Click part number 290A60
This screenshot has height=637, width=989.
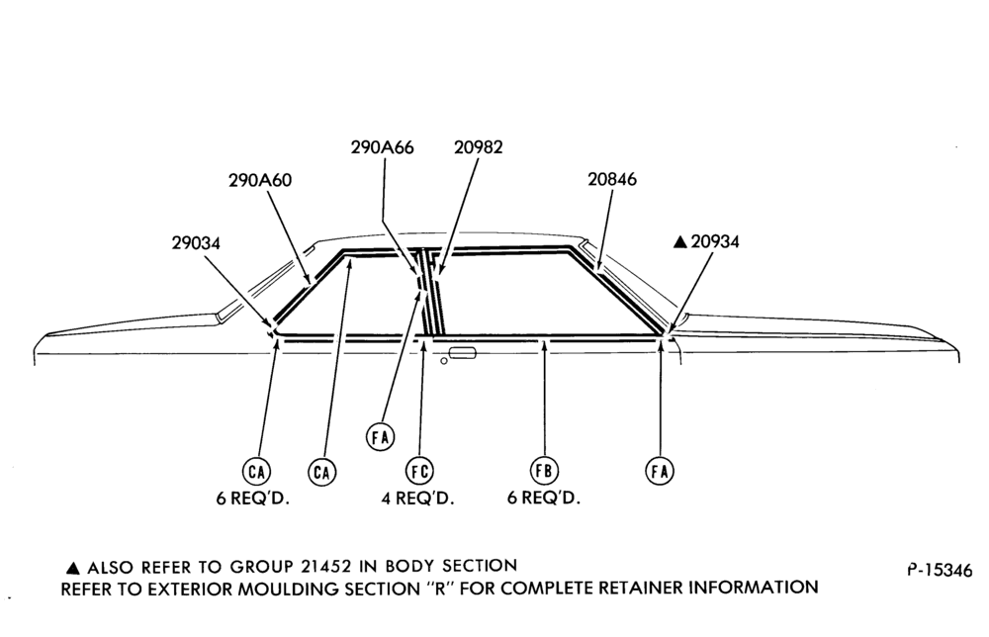(260, 180)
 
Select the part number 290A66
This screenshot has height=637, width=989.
(382, 147)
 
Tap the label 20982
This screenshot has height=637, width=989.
(478, 147)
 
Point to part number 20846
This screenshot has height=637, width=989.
(612, 179)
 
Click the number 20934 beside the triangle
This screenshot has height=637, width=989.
(715, 241)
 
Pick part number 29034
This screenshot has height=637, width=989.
(196, 242)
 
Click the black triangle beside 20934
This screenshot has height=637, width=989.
(680, 242)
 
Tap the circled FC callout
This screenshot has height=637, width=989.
(419, 471)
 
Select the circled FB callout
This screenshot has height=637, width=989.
(544, 471)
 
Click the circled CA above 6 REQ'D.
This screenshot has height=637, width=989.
(256, 472)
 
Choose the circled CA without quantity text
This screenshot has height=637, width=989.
(321, 472)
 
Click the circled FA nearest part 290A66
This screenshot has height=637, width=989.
(381, 436)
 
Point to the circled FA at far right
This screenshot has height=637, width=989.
(660, 471)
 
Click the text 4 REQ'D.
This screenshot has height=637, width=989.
(417, 499)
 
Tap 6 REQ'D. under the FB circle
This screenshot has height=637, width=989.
(544, 498)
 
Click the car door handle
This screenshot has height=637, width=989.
(462, 353)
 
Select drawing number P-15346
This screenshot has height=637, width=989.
(940, 570)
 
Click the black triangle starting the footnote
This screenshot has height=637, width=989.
(72, 568)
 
